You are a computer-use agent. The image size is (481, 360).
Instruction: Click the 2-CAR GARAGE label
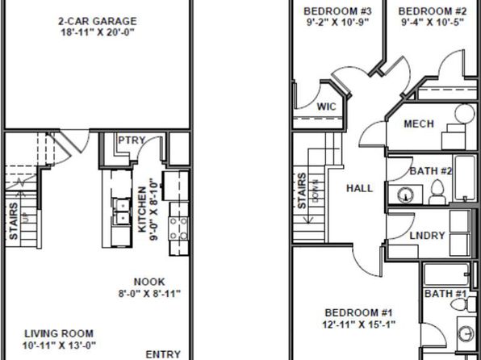pos(98,21)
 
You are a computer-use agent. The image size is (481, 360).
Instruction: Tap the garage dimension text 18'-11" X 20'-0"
pos(98,32)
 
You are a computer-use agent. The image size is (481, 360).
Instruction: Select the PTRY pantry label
pos(132,140)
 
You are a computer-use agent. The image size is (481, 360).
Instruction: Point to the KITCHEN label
pos(142,210)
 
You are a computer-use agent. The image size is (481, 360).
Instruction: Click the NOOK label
pos(149,282)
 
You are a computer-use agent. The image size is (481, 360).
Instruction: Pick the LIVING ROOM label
pos(59,333)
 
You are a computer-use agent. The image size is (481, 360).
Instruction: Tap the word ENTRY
pos(163,354)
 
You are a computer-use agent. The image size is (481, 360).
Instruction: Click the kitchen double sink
pos(121,211)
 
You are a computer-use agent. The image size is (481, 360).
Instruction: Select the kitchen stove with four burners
pos(179,228)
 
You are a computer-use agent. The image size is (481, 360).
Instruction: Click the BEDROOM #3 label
pos(337,11)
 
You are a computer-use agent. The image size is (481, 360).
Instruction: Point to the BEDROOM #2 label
pos(433,11)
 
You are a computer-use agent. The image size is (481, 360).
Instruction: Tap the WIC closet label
pos(326,107)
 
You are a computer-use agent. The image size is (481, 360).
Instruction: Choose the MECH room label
pos(419,124)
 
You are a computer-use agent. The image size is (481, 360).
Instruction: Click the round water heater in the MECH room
pos(464,114)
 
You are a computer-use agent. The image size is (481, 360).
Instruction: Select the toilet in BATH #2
pos(437,192)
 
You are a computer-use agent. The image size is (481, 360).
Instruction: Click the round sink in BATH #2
pos(405,195)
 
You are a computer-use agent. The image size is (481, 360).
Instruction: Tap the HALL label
pos(360,188)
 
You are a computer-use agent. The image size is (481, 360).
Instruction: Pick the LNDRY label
pos(427,236)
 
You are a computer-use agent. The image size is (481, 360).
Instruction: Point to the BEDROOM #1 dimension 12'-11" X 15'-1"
pos(359,324)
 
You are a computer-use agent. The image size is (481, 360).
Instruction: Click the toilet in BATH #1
pos(462,304)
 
